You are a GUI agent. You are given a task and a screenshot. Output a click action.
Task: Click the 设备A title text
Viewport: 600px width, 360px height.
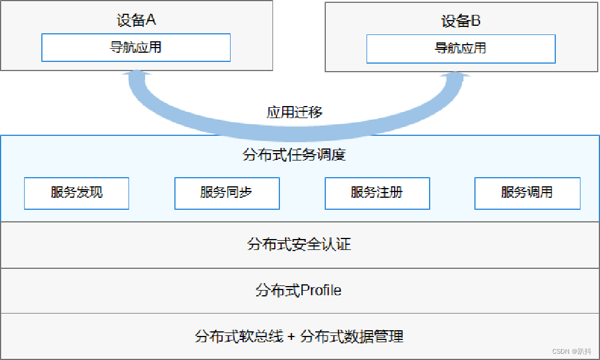136,20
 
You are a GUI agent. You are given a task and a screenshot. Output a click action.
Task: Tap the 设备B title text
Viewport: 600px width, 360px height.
461,21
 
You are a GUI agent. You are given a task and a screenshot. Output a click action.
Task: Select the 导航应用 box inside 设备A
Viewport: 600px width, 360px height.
136,47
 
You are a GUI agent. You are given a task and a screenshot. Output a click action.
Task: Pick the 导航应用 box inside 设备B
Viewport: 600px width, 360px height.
461,48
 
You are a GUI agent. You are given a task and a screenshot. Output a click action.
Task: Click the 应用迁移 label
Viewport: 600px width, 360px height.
294,112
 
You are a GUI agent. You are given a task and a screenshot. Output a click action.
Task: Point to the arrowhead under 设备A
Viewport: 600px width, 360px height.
137,75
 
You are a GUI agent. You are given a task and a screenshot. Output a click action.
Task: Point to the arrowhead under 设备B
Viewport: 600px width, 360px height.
459,76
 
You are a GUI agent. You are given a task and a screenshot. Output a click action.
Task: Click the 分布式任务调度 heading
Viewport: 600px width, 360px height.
294,155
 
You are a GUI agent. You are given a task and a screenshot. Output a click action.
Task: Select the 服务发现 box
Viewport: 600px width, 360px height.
76,193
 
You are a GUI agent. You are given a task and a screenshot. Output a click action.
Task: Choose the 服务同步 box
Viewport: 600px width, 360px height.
227,193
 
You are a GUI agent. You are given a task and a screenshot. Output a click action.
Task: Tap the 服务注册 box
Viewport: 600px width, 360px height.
377,193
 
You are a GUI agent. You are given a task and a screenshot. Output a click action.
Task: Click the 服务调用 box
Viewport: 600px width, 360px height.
527,193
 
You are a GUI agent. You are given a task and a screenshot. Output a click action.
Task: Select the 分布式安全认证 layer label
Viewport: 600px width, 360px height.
299,245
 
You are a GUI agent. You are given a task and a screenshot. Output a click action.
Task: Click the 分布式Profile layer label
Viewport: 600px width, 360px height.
298,291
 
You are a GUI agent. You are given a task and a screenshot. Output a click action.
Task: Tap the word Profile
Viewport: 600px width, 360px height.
321,291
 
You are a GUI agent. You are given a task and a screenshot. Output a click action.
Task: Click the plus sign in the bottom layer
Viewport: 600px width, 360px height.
291,336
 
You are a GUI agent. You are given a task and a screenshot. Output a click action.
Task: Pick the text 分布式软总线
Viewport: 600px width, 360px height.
239,336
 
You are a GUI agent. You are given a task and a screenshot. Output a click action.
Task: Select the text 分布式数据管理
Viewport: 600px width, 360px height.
352,336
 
